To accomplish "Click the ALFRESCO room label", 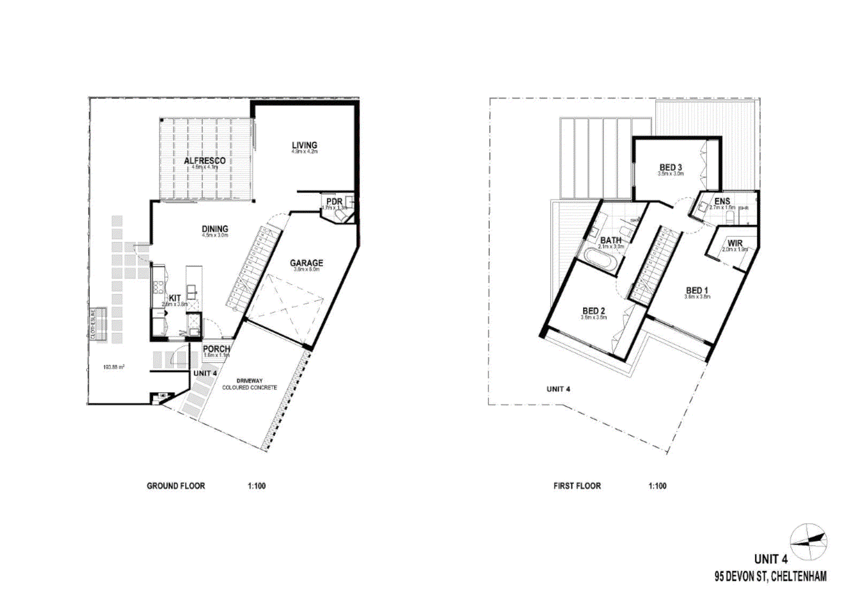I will (x=204, y=160).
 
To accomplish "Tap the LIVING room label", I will (x=304, y=145).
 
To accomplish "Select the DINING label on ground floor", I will (x=215, y=228).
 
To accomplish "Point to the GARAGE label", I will (x=307, y=263).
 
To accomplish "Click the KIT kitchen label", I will (x=175, y=298).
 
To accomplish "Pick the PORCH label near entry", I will (x=216, y=349).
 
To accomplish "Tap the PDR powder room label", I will (x=334, y=202).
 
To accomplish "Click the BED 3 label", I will (x=670, y=167).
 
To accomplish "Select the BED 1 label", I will (x=697, y=290).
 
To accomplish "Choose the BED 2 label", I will (x=594, y=311).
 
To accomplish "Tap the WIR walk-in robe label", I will (x=735, y=243).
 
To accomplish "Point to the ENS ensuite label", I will (x=722, y=202).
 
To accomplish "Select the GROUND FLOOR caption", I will (x=176, y=486).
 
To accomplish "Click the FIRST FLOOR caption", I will (x=577, y=486).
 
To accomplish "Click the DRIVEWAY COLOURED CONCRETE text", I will (x=249, y=384).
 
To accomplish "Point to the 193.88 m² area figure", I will (x=114, y=367).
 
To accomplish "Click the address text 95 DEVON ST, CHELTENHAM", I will (x=770, y=577).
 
